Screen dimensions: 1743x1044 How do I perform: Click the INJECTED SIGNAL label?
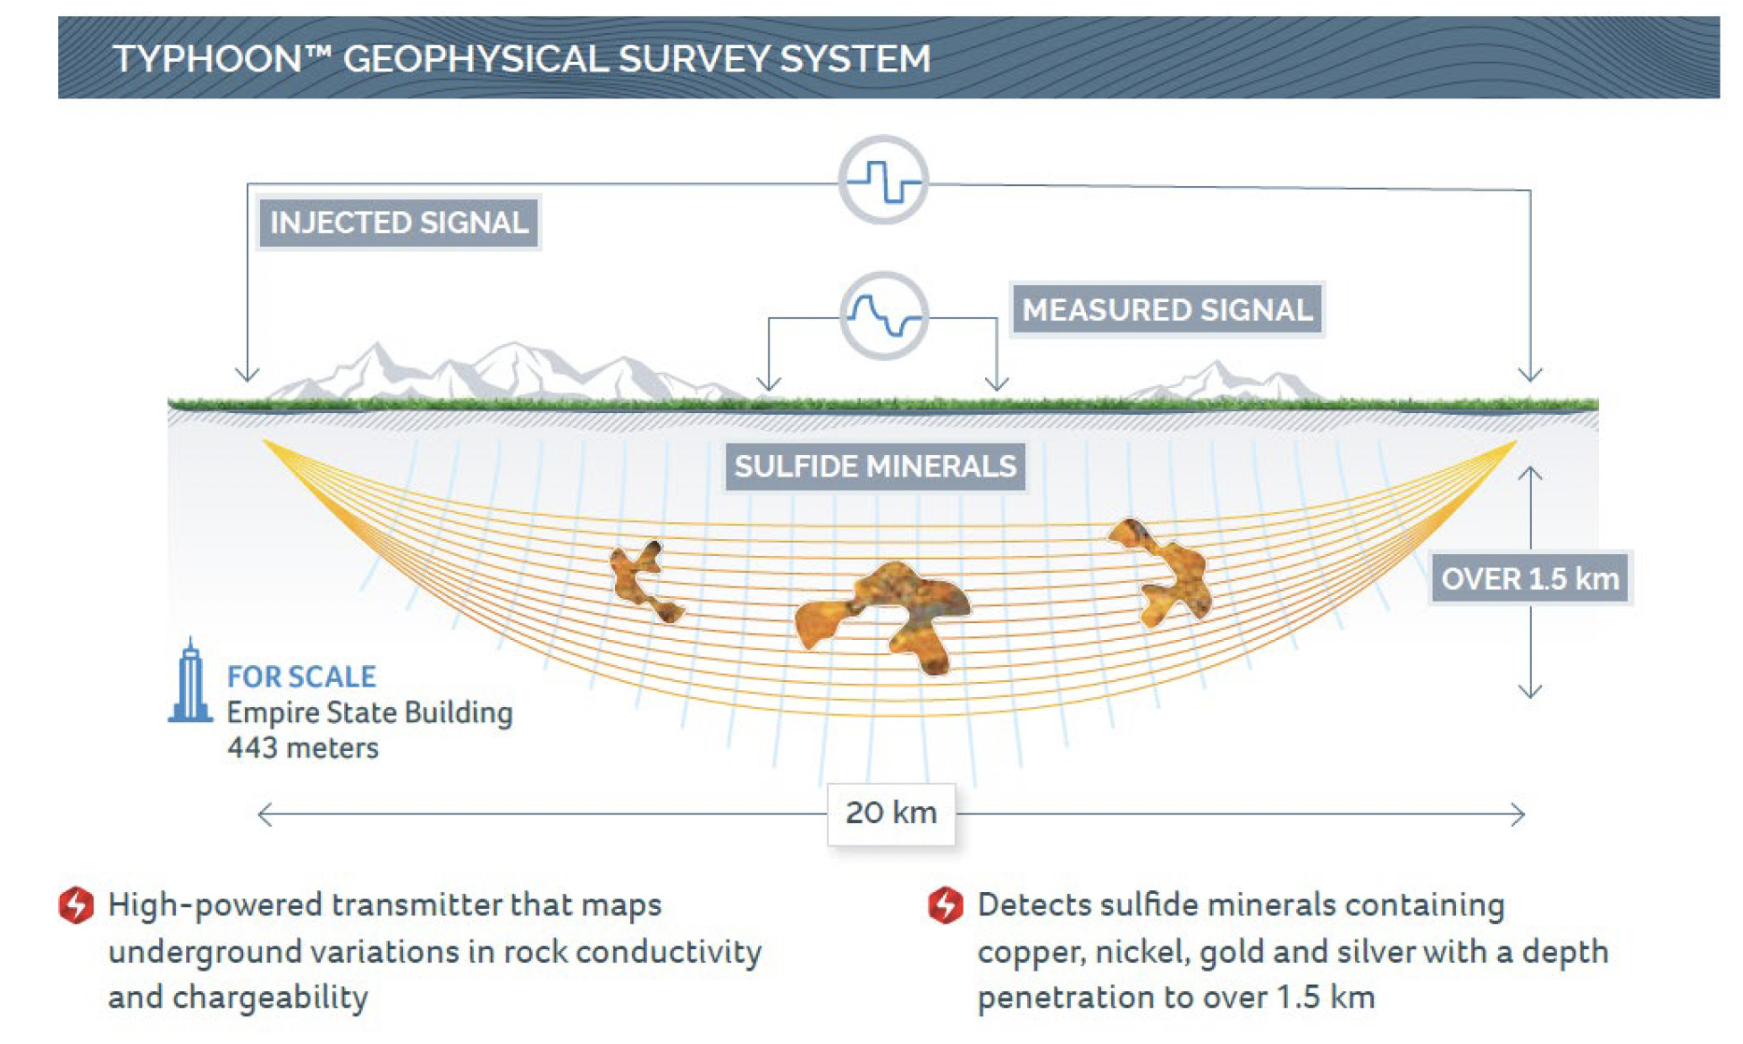399,223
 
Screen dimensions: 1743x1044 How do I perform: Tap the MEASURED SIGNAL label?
1166,310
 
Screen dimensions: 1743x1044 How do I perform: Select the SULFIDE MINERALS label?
875,467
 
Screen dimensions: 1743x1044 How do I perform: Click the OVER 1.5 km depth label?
1530,578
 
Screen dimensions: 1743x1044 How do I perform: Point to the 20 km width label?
891,812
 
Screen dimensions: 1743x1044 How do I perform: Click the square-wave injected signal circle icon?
883,180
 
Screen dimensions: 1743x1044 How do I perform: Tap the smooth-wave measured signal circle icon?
884,316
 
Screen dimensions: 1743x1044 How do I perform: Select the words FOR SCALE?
301,677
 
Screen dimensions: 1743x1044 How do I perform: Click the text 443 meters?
303,747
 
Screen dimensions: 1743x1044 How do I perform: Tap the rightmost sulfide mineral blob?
1162,570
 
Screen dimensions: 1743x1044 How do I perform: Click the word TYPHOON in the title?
207,59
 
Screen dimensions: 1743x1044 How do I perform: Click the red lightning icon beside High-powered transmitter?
76,905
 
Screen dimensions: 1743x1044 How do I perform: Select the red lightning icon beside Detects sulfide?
946,905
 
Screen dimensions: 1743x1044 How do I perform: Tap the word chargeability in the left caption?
270,998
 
